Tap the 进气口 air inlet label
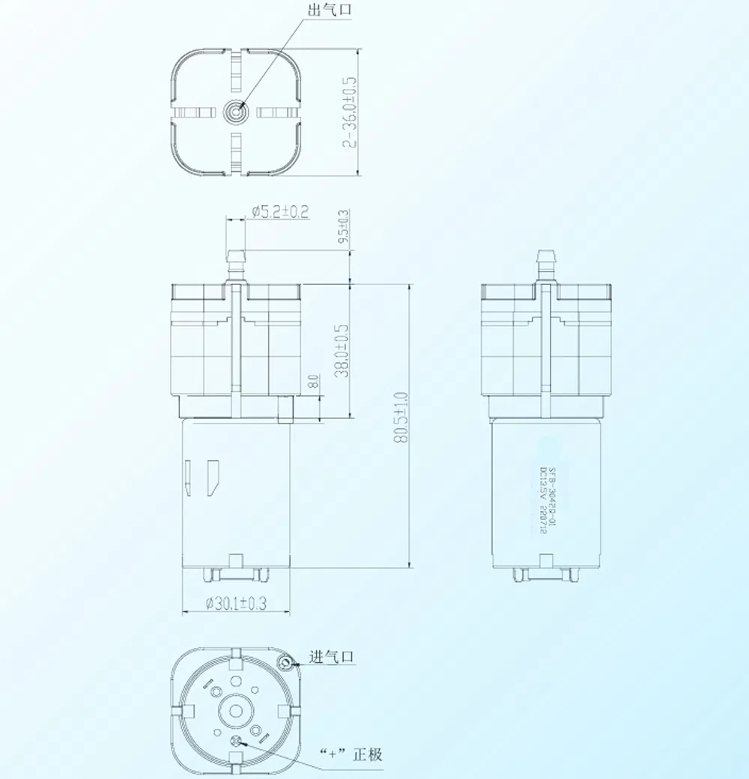333,658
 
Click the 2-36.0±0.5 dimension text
349,111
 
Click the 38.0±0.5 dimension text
342,350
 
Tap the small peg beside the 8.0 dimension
284,409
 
